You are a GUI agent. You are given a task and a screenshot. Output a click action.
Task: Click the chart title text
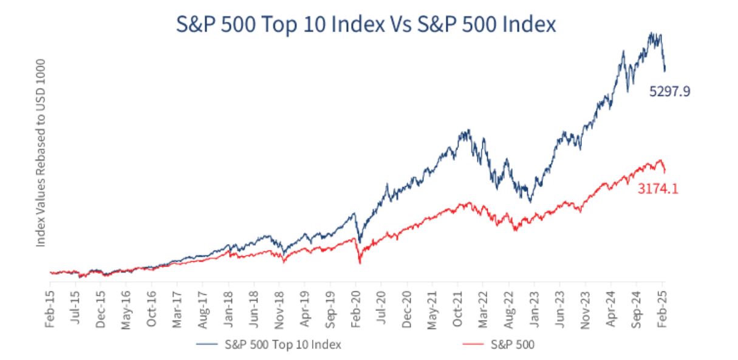coord(366,25)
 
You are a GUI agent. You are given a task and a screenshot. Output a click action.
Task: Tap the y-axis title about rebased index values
coord(41,152)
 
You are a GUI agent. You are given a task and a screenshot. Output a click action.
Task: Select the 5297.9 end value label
coord(670,92)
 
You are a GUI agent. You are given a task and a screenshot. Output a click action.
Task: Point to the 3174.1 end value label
coord(658,189)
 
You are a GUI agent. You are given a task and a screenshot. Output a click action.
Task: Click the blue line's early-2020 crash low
coord(359,242)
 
